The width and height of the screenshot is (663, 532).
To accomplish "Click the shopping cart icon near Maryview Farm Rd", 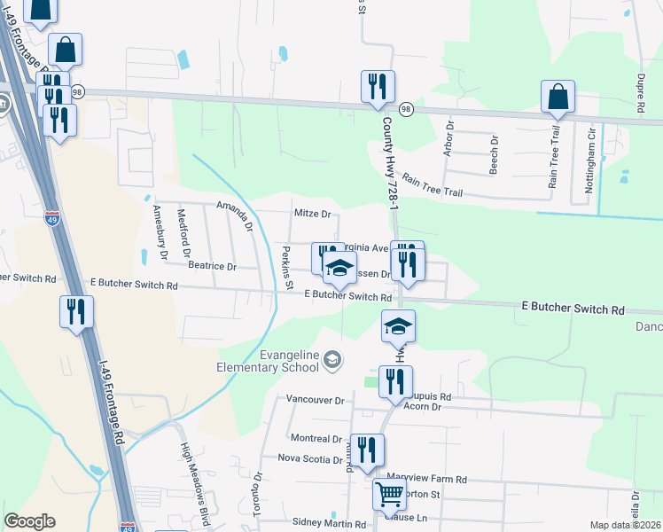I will [x=390, y=495].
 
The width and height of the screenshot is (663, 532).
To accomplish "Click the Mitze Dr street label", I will [x=312, y=214].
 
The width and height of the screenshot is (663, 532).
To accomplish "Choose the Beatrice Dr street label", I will [x=212, y=266].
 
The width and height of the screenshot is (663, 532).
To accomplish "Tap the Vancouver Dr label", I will [x=315, y=401].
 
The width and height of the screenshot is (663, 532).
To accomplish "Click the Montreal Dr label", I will [x=316, y=439].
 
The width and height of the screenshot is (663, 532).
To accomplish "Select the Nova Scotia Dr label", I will [x=309, y=459].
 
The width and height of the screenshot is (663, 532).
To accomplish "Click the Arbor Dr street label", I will [x=449, y=137].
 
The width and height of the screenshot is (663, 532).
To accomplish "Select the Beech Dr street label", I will [x=494, y=153].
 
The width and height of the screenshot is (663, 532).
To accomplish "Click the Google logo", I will [x=29, y=521].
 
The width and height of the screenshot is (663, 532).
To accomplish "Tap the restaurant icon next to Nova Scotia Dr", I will [x=365, y=450].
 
